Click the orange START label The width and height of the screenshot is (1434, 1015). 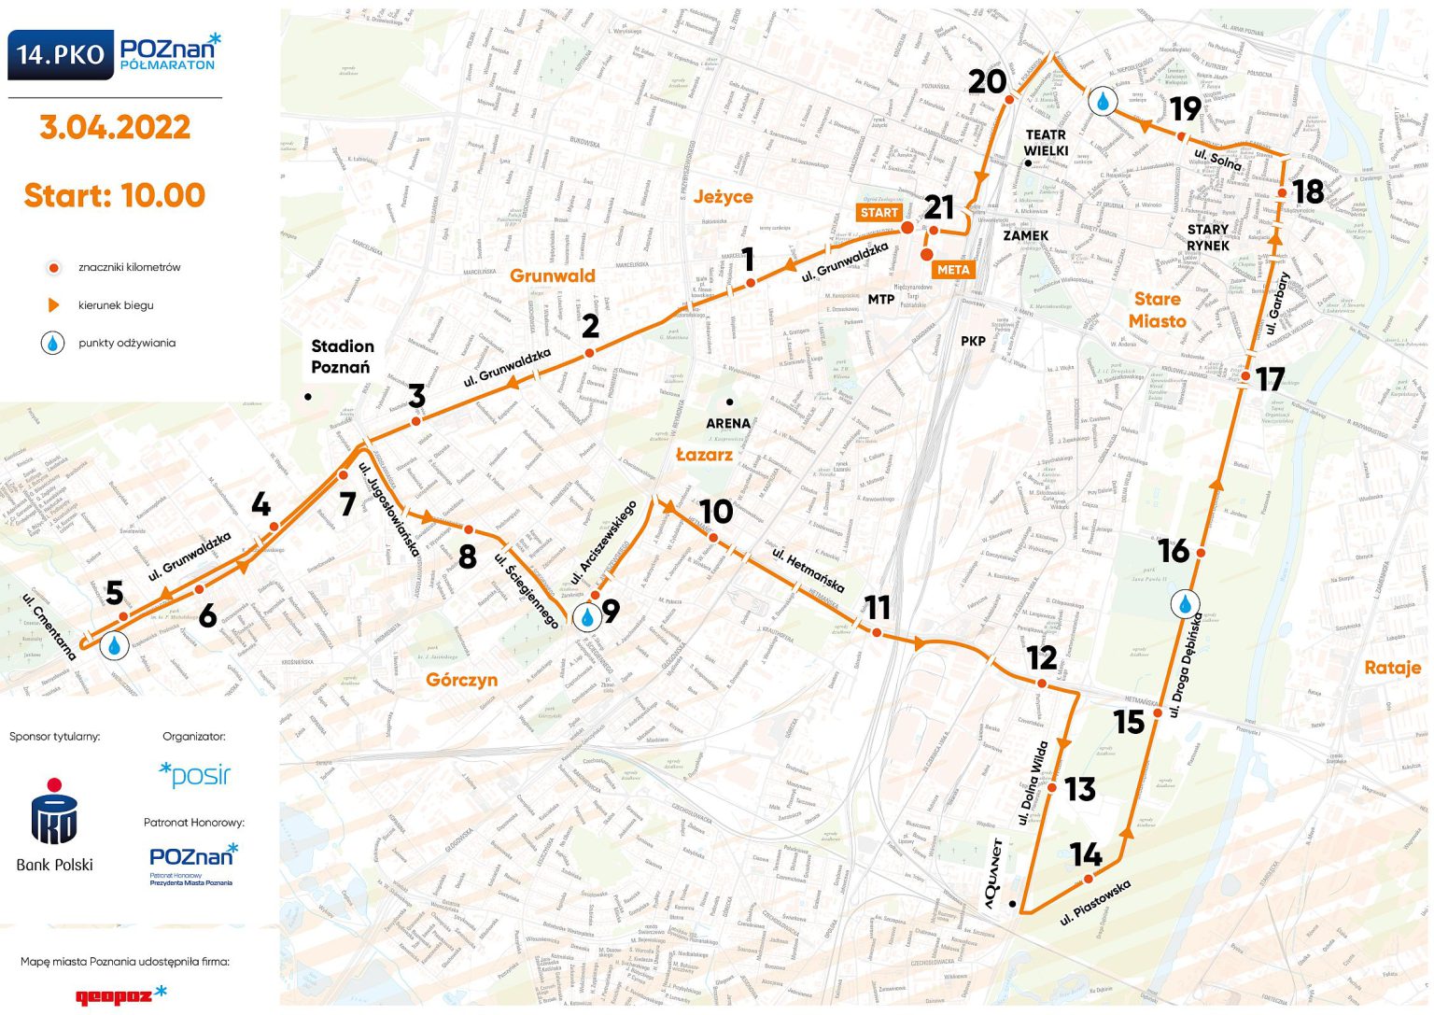[879, 213]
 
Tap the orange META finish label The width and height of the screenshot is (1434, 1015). [953, 270]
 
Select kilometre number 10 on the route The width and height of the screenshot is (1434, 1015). [716, 512]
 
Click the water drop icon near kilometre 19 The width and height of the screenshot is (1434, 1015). [1104, 101]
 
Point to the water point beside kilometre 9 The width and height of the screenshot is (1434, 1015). [587, 618]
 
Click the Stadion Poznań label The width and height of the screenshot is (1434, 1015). [342, 357]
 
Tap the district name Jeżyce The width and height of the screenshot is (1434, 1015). [723, 197]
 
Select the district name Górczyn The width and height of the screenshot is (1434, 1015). [461, 680]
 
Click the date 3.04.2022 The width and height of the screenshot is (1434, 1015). [115, 127]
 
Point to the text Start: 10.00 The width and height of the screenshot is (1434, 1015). [114, 195]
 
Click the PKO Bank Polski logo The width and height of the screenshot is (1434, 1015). [54, 822]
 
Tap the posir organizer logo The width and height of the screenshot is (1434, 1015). [195, 774]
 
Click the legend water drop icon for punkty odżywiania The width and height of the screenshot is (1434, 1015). [53, 343]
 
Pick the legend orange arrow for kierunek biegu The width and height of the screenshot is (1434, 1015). [53, 305]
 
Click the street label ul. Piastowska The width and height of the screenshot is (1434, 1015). [1096, 902]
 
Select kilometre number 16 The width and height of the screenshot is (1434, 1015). [1174, 551]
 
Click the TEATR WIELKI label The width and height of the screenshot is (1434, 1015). [1046, 142]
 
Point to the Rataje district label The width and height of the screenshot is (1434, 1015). [1392, 668]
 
